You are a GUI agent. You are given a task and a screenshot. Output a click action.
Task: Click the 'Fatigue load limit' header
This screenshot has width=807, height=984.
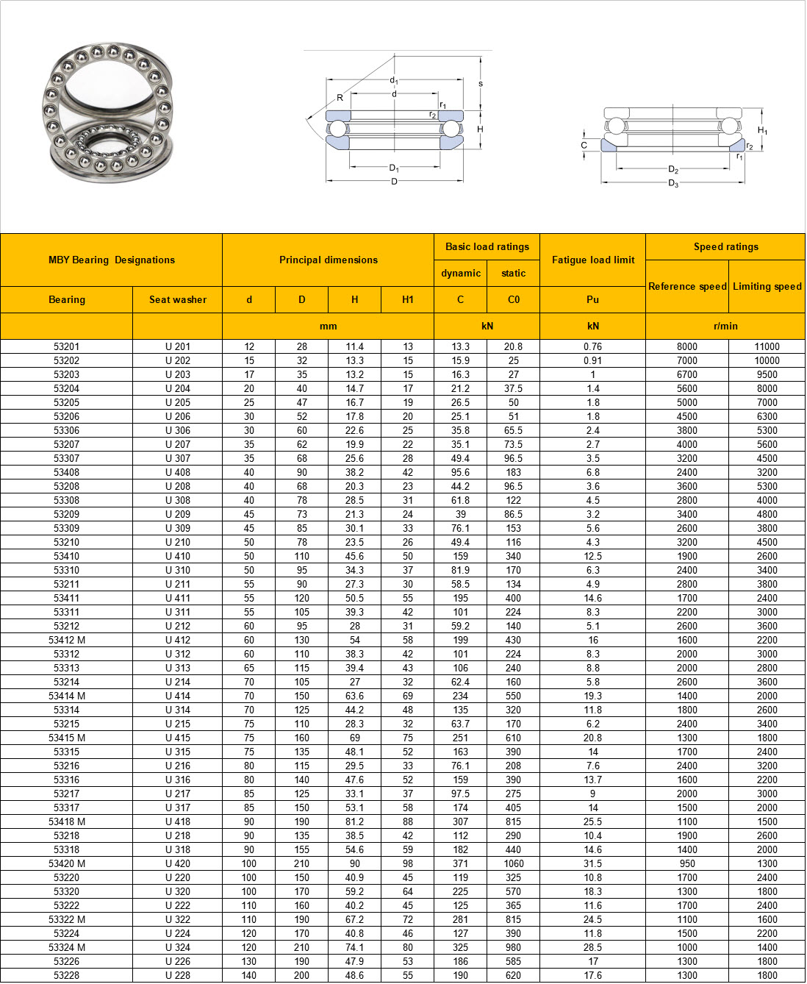point(592,260)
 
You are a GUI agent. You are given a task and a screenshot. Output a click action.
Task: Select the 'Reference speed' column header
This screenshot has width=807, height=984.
point(687,286)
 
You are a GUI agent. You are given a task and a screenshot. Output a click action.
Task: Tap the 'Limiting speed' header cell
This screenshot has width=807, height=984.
point(767,286)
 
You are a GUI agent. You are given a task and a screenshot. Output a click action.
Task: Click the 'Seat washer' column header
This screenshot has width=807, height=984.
point(177,299)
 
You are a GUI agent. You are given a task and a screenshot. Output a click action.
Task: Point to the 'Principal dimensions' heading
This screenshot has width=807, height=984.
point(328,260)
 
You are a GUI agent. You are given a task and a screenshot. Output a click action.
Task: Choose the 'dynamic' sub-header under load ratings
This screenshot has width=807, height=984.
point(461,273)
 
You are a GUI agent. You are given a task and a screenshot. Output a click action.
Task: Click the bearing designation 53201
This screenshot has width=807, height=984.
point(66,346)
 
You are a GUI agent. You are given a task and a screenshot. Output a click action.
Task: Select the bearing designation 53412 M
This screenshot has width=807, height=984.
point(66,640)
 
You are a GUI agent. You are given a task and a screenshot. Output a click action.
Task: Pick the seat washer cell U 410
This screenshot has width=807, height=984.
point(177,556)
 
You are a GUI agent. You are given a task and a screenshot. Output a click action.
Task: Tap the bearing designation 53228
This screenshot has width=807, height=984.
point(66,975)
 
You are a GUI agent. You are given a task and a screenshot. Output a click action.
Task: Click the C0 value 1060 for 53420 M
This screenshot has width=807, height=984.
point(513,863)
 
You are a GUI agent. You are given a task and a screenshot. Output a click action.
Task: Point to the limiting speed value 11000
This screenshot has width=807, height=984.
point(767,346)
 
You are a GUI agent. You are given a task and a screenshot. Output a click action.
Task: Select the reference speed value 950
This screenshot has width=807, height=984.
point(687,863)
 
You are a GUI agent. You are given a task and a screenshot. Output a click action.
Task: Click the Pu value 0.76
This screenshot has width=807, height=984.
point(592,346)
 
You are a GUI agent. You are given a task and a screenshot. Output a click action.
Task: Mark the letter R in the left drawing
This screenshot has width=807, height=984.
point(340,98)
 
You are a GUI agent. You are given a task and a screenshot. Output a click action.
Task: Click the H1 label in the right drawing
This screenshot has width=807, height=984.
point(762,131)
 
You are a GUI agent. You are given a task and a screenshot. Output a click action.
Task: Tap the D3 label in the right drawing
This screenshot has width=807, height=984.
point(673,183)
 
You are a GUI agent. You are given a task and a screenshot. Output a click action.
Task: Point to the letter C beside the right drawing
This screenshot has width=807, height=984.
point(584,145)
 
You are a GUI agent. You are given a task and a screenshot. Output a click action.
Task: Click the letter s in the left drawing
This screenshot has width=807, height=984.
point(481,84)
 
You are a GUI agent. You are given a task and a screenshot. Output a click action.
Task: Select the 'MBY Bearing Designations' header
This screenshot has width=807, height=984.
point(111,260)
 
